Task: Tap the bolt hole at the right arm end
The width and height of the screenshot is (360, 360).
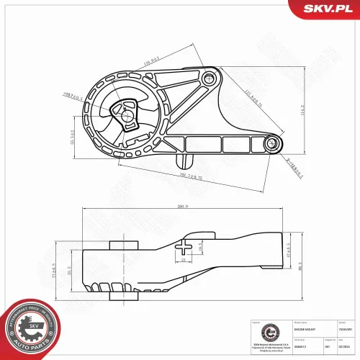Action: [273, 143]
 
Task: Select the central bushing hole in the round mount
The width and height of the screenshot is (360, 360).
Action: [127, 112]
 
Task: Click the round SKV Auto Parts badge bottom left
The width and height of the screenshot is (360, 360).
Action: [32, 328]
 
